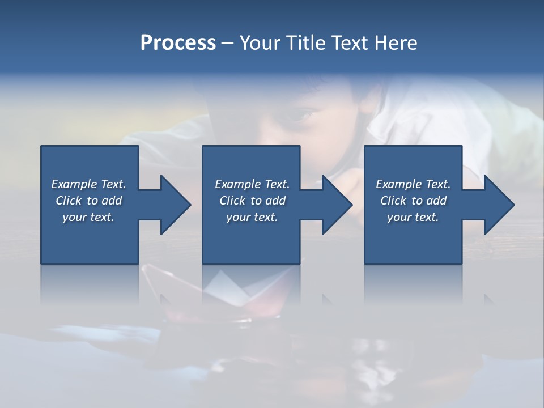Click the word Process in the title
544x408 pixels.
click(x=178, y=43)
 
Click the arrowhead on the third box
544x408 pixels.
click(x=498, y=205)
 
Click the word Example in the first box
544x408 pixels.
click(x=74, y=184)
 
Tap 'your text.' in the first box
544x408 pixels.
click(x=88, y=217)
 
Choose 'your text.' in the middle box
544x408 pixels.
click(x=252, y=217)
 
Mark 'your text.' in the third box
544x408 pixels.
click(x=413, y=217)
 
